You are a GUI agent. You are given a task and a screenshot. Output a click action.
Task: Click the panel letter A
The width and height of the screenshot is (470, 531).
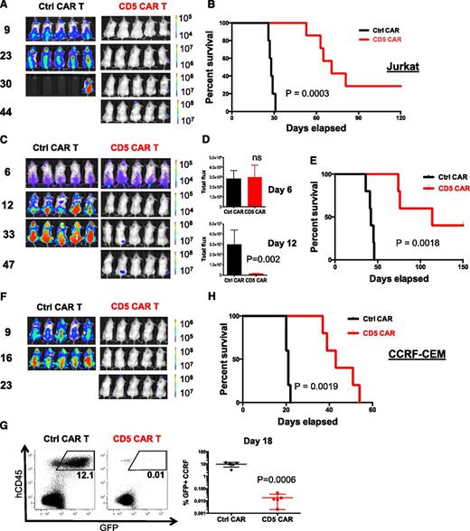point(8,6)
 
